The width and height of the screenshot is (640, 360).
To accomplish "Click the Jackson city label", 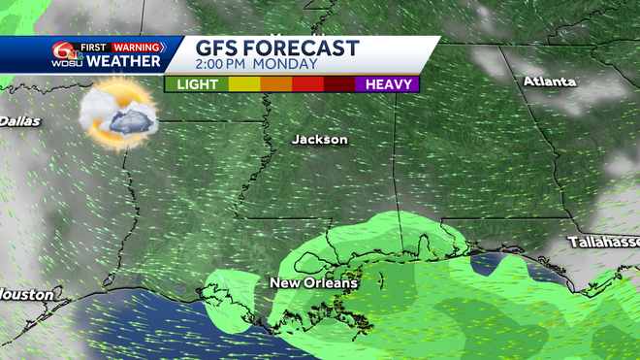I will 319,140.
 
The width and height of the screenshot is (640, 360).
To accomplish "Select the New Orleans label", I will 313,283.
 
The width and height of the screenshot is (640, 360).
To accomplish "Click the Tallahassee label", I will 604,241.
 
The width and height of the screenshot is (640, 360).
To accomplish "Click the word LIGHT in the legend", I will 196,84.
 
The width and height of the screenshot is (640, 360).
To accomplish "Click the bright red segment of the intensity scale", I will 307,84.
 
